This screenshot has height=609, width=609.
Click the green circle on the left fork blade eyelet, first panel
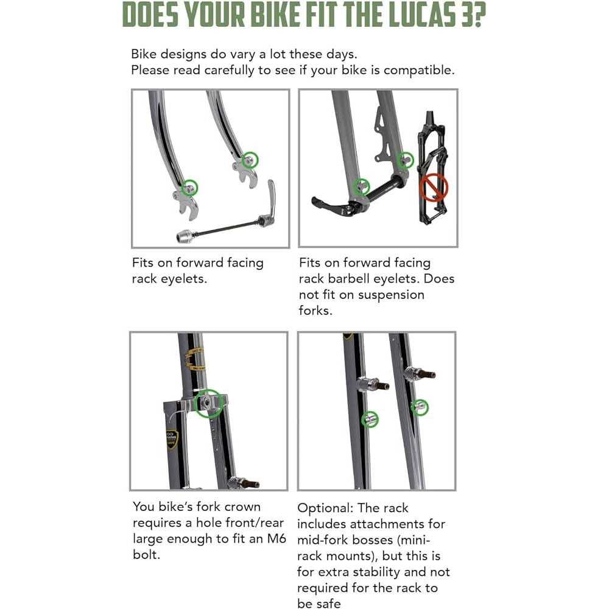point(191,188)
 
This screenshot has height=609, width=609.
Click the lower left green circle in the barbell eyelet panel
point(362,185)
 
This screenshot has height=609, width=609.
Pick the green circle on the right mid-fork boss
point(420,407)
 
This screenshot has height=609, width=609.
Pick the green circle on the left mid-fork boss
point(370,419)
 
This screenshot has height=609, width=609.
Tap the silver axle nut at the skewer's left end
point(185,236)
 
